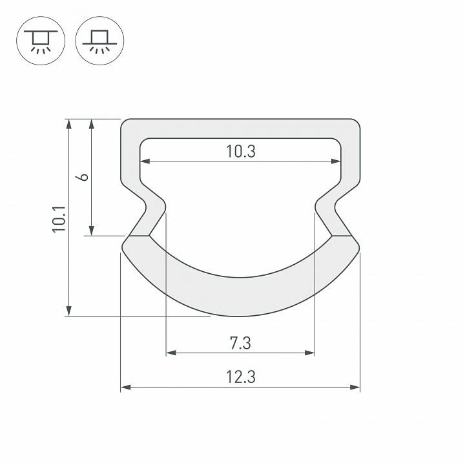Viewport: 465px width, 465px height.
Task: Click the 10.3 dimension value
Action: (241, 152)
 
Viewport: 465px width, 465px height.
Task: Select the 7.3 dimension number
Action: (240, 343)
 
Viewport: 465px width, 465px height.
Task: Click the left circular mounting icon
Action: (40, 40)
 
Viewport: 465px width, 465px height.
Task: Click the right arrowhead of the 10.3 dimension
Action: (336, 161)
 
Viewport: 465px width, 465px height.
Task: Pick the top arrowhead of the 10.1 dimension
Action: (68, 123)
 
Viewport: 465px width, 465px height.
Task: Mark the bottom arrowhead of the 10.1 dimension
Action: (68, 311)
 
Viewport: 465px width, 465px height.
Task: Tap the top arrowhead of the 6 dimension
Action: (92, 123)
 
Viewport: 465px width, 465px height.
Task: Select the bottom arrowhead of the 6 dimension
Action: (92, 231)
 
